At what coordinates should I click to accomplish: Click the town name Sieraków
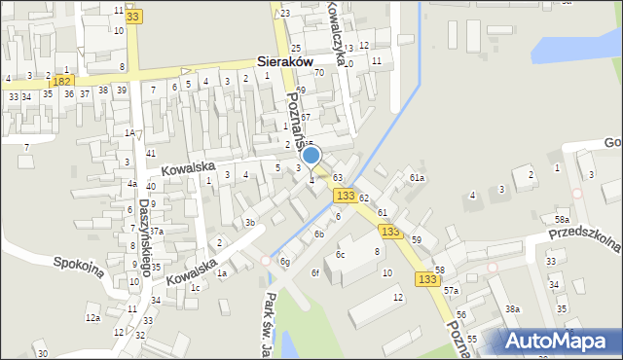(285, 60)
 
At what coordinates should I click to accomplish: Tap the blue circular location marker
(311, 155)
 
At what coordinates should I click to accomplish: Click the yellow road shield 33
(132, 18)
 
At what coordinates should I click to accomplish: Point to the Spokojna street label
(79, 267)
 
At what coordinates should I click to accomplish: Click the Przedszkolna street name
(584, 236)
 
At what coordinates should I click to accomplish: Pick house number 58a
(562, 220)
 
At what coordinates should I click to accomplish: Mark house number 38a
(512, 308)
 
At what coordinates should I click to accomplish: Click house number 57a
(451, 291)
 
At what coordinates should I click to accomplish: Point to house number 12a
(92, 318)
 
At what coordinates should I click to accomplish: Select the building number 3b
(250, 223)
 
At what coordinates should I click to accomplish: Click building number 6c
(340, 254)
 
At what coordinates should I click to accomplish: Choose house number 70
(317, 99)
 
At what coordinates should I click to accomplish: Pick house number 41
(151, 154)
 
